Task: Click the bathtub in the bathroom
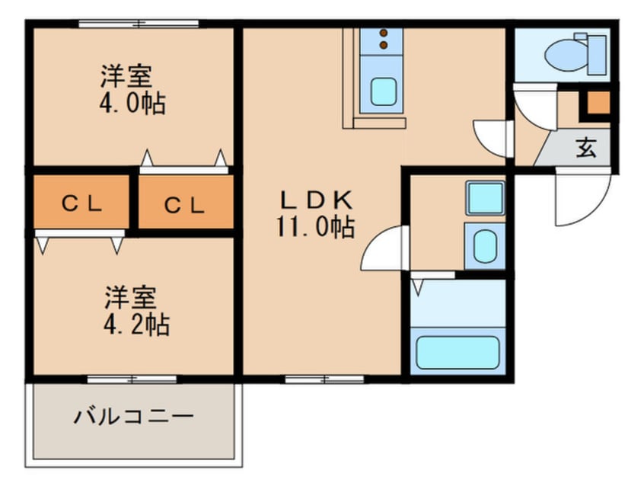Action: click(457, 351)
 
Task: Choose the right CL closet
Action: click(186, 203)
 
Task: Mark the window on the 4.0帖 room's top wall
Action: click(139, 24)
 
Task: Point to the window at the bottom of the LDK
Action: click(313, 377)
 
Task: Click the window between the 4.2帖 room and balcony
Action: click(132, 377)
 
